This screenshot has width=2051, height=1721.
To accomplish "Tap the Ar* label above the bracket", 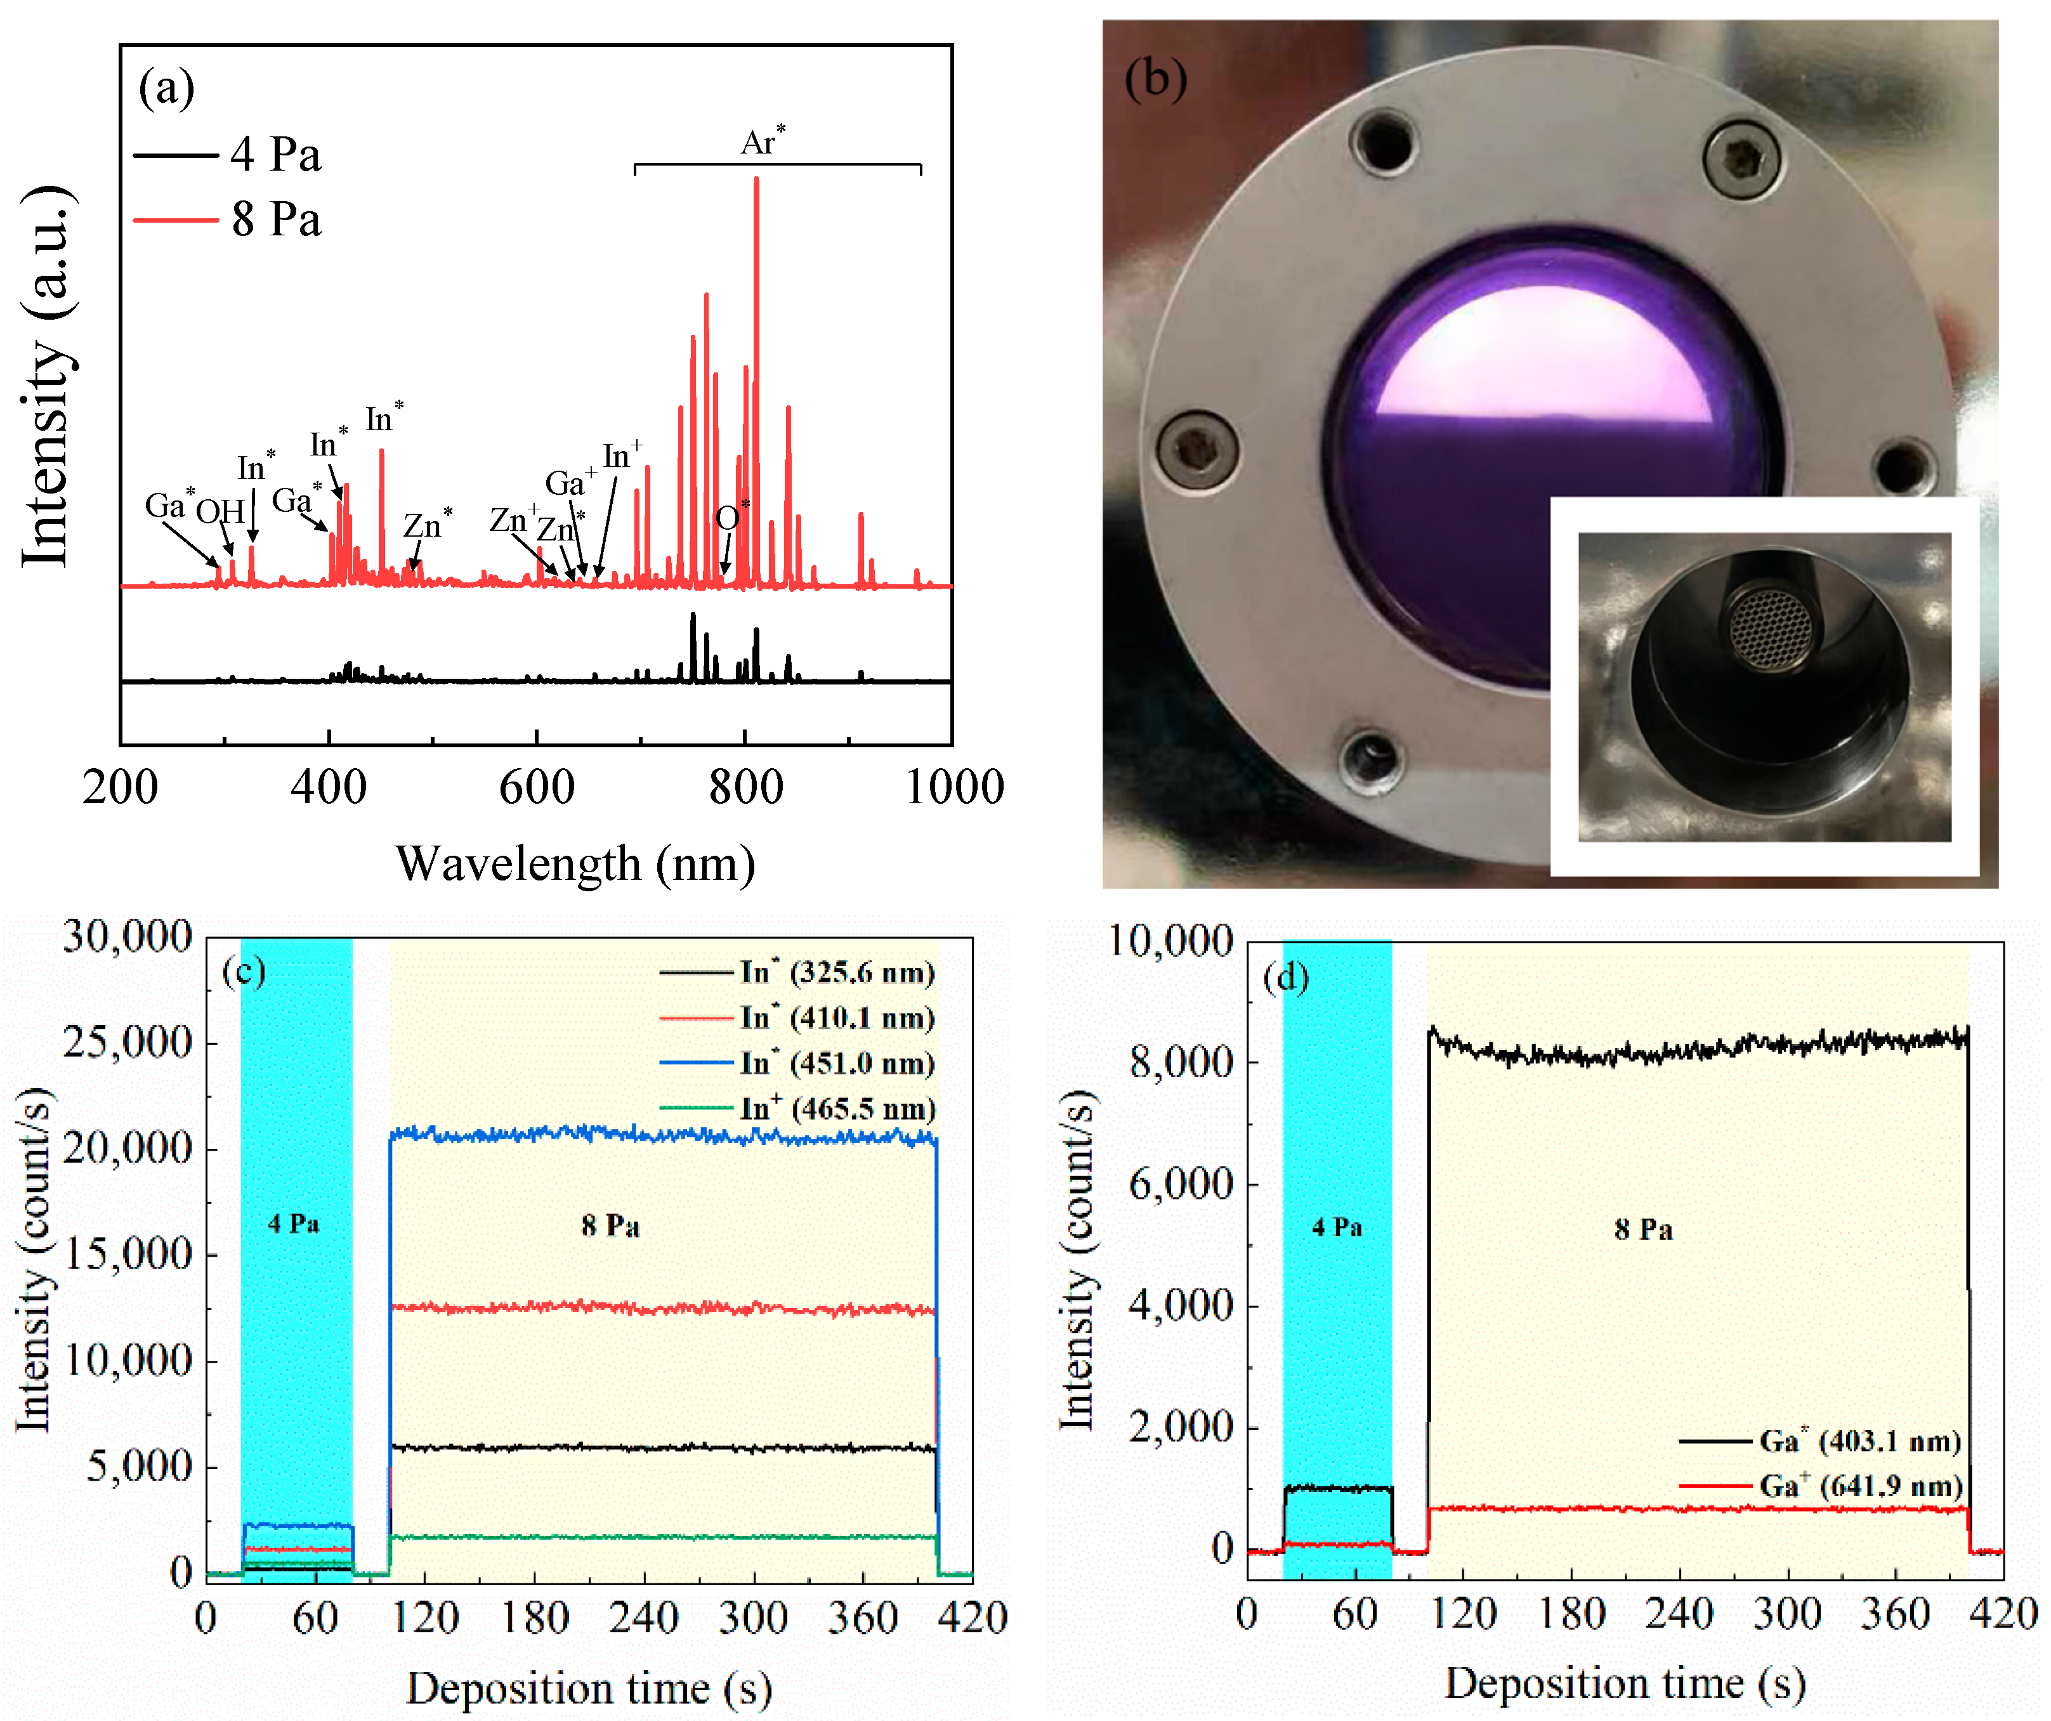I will click(762, 143).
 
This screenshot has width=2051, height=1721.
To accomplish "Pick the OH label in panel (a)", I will click(220, 511).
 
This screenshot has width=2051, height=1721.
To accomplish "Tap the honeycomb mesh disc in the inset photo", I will click(1770, 629).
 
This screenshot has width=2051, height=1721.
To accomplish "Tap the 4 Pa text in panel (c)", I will click(294, 1223).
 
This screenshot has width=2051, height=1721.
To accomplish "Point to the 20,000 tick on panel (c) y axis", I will click(127, 1148).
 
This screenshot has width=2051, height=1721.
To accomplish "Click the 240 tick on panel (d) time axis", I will click(1679, 1614).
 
